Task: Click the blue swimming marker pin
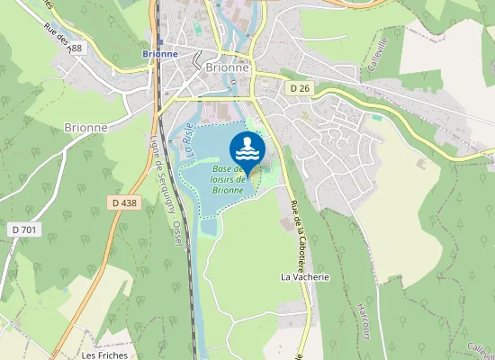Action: coord(247,151)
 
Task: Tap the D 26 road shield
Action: coord(300,88)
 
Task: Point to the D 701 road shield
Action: coord(25,230)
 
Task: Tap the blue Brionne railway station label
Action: coord(159,54)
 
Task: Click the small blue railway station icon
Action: coord(159,41)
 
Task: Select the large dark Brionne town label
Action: coord(226,67)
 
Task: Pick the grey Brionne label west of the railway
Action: coord(86,128)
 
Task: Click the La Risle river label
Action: coord(189,139)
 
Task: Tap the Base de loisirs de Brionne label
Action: coord(229,179)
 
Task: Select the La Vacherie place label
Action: coord(305,277)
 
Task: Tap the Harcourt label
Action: coord(366,315)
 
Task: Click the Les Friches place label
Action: coord(104,355)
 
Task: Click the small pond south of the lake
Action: coord(209,227)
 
